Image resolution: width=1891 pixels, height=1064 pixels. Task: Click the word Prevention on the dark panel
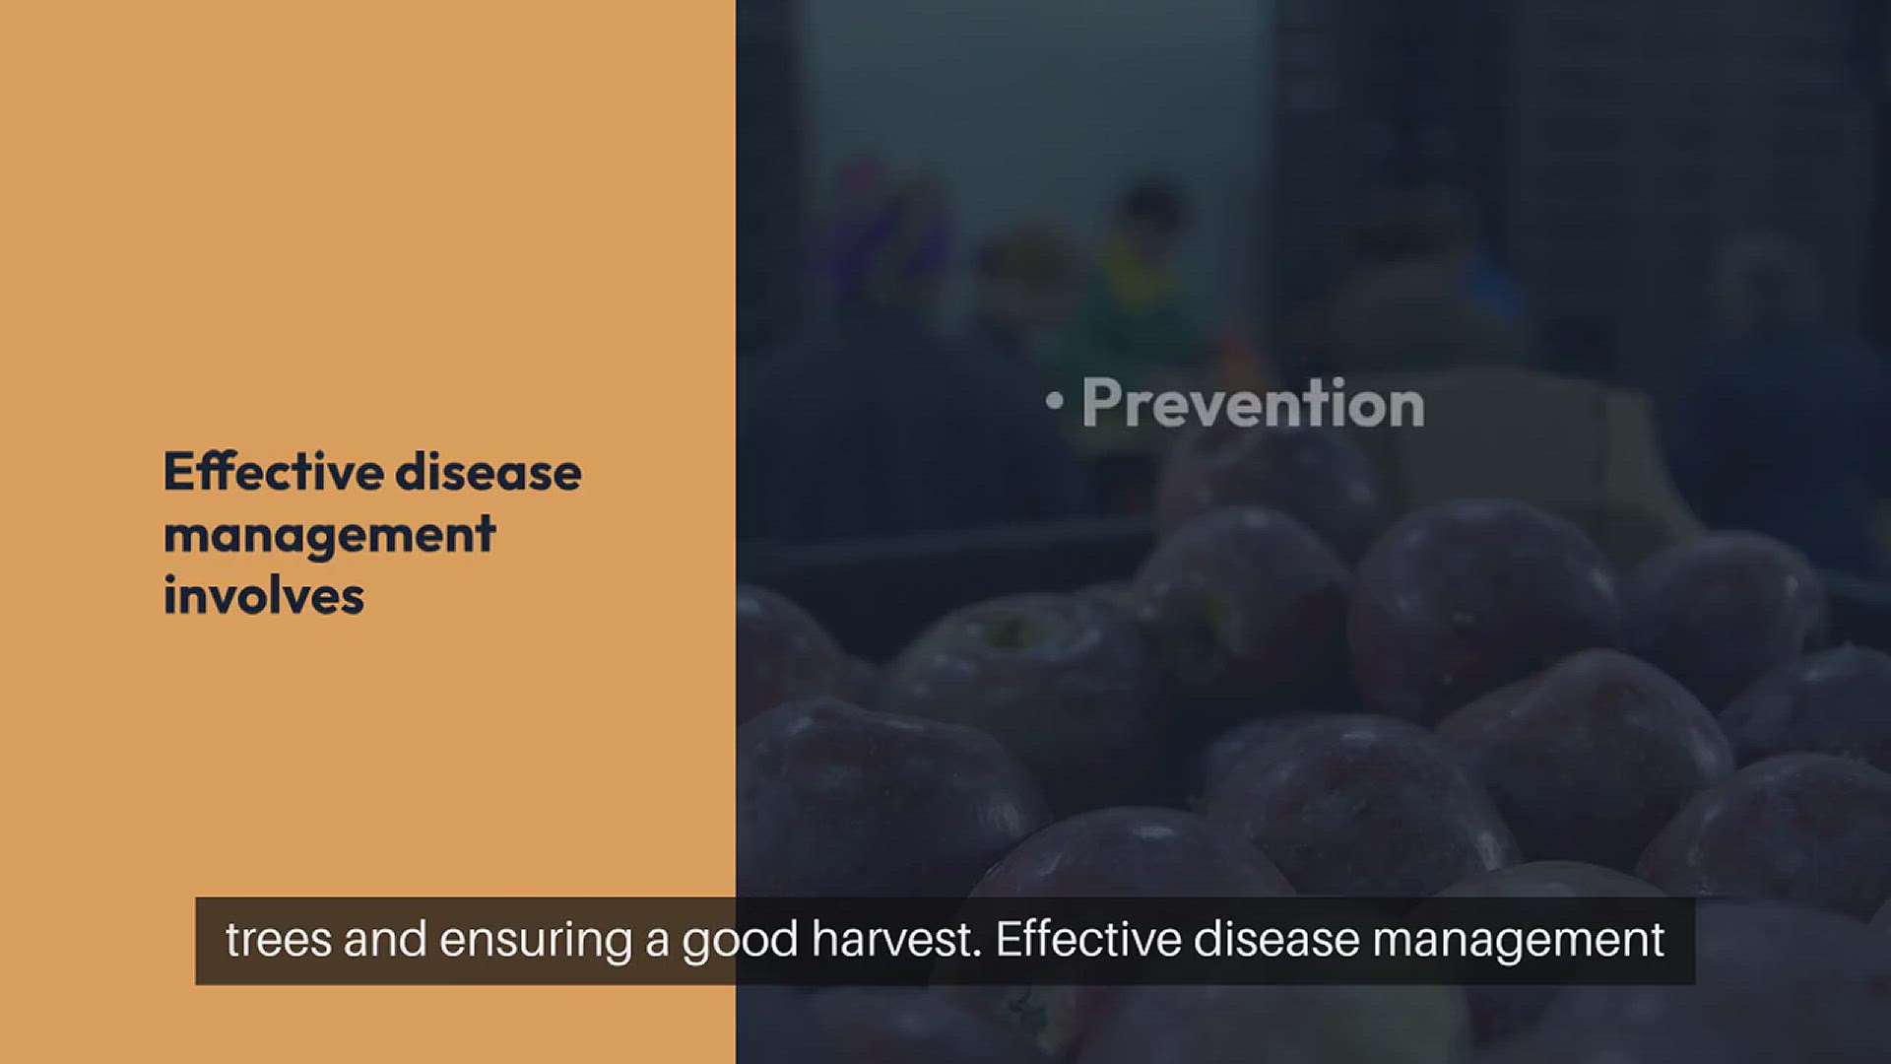pos(1253,404)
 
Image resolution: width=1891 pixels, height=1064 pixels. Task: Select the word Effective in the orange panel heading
pos(273,472)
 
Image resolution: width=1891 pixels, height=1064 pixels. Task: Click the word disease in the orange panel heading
pos(489,472)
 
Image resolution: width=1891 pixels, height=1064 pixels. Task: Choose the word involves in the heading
pos(264,596)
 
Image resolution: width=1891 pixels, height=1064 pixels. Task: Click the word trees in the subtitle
pos(280,940)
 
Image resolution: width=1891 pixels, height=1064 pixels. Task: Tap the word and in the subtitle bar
pos(385,939)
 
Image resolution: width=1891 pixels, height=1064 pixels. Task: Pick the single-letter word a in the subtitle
pos(658,944)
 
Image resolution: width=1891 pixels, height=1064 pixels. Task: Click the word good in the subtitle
pos(741,942)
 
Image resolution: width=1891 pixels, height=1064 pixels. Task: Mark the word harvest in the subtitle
pos(896,939)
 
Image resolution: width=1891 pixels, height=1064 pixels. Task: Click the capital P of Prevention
pos(1099,402)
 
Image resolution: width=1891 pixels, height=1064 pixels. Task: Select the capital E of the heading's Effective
pos(178,472)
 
